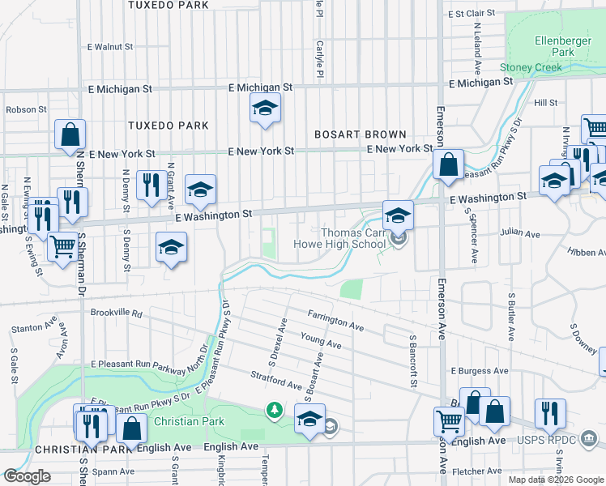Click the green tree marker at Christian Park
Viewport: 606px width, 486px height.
275,411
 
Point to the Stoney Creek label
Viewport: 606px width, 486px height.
531,67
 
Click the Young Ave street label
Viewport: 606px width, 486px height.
321,340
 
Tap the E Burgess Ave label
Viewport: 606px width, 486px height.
480,370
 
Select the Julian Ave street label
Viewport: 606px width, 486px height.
520,234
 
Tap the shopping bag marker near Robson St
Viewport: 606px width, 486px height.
70,134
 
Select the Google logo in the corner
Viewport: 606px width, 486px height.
27,476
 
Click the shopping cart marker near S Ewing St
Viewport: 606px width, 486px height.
62,246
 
